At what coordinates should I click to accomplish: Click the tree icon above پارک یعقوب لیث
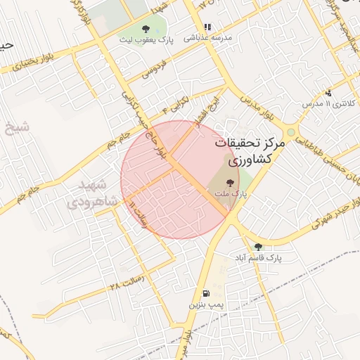pyautogui.click(x=146, y=29)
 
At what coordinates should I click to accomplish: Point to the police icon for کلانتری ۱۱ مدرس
pyautogui.click(x=328, y=93)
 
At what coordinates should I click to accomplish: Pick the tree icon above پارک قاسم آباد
pyautogui.click(x=259, y=247)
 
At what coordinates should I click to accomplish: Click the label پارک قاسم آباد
pyautogui.click(x=259, y=258)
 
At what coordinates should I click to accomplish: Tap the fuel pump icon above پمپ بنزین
pyautogui.click(x=205, y=294)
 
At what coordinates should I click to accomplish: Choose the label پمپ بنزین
pyautogui.click(x=206, y=305)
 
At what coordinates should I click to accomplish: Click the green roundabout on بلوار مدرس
pyautogui.click(x=290, y=131)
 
